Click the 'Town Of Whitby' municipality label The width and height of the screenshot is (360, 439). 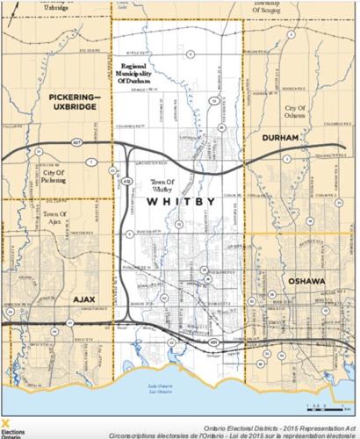click(162, 183)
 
